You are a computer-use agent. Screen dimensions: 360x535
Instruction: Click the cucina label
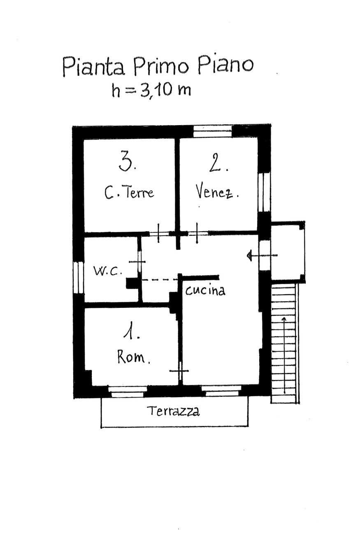[205, 291]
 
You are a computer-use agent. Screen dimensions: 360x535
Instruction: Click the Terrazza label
[173, 411]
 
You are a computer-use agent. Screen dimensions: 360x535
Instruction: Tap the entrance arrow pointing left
[262, 256]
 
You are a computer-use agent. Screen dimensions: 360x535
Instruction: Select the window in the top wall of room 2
[212, 132]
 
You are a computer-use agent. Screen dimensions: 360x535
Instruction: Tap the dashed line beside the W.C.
[160, 279]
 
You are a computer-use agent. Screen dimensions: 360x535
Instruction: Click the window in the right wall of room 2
[265, 192]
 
